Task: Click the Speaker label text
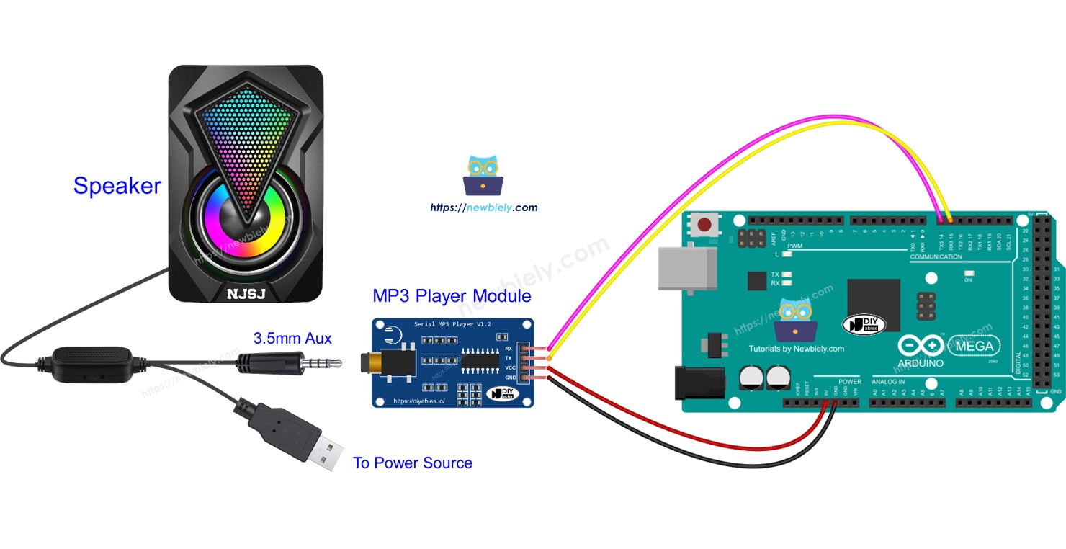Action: click(x=117, y=186)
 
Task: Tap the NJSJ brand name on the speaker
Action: click(x=246, y=294)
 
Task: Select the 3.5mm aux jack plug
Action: click(x=288, y=363)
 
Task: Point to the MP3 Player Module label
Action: click(x=452, y=296)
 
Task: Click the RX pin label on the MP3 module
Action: click(x=509, y=348)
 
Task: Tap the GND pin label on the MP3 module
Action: click(x=509, y=378)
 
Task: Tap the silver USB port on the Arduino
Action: click(x=687, y=271)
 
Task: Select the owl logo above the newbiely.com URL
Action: click(x=483, y=175)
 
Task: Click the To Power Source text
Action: click(x=413, y=463)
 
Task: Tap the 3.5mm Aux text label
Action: click(x=292, y=338)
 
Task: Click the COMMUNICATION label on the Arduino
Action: click(x=936, y=256)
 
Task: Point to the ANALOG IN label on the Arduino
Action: click(x=889, y=381)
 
